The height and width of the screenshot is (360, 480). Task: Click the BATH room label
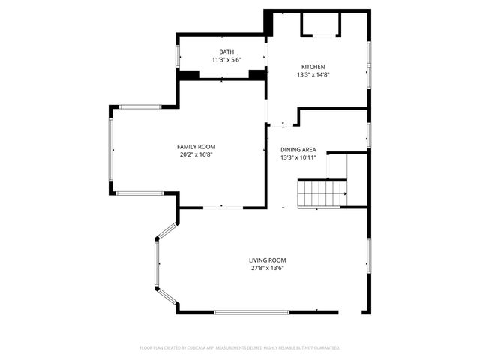click(x=222, y=52)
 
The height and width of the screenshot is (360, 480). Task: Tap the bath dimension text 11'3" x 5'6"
click(x=222, y=60)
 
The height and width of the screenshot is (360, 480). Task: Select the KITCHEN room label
click(x=314, y=67)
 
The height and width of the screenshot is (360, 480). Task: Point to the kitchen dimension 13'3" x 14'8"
click(x=314, y=74)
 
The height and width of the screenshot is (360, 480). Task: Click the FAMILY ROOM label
click(x=196, y=147)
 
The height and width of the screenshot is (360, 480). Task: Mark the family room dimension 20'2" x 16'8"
click(x=196, y=155)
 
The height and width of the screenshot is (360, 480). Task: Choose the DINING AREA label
click(x=298, y=149)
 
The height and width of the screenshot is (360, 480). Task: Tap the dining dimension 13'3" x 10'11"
click(x=298, y=157)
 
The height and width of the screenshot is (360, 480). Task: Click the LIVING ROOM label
click(x=268, y=260)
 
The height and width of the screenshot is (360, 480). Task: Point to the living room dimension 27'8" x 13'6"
click(x=268, y=268)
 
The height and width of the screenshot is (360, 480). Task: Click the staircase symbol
click(x=322, y=193)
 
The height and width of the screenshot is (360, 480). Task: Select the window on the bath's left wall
click(x=178, y=56)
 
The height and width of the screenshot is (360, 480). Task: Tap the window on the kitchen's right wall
click(x=369, y=61)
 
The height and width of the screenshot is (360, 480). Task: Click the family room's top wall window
click(x=141, y=106)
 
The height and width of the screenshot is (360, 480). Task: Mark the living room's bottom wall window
click(x=252, y=311)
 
